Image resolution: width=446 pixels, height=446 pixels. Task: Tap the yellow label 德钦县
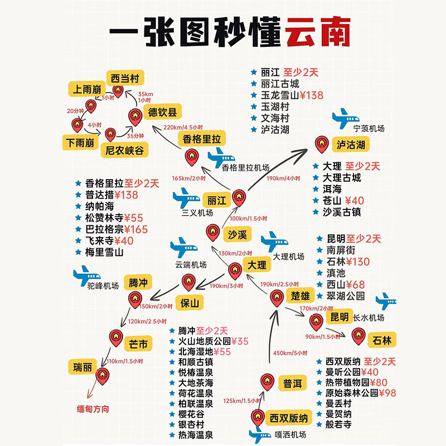162,111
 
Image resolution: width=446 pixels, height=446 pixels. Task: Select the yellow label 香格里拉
201,139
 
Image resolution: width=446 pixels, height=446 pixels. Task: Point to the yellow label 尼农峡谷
125,150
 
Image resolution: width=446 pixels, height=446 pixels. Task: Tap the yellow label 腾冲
138,282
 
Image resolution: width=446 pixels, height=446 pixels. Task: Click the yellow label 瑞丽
82,367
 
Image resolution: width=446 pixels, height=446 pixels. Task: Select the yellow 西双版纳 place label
288,418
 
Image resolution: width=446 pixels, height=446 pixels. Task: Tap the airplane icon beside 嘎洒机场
259,435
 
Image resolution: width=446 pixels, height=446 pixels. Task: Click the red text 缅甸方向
93,409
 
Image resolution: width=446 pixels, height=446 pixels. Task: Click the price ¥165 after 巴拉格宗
136,229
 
